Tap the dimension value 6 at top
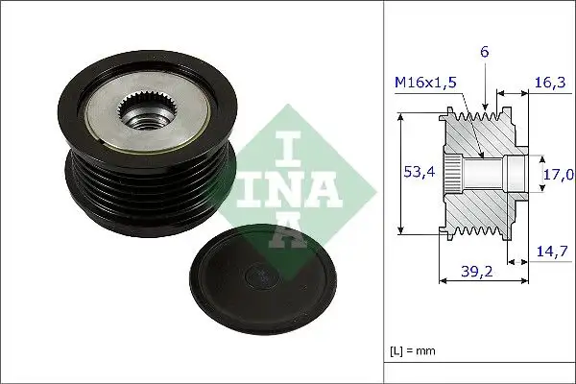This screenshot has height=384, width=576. tap(486, 54)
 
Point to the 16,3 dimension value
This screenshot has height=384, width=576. tap(549, 84)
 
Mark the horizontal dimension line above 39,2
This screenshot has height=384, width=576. tap(481, 281)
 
